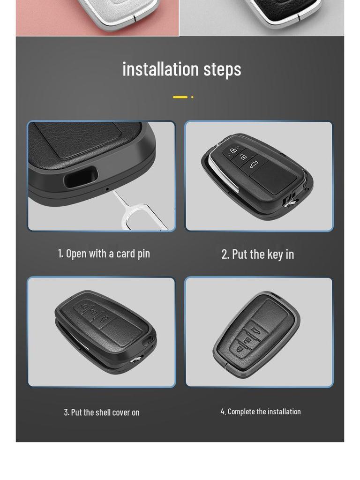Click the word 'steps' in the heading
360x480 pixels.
[x=222, y=69]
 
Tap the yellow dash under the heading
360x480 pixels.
[x=180, y=97]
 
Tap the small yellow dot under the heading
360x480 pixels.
[x=192, y=97]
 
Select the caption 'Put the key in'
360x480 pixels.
[x=258, y=254]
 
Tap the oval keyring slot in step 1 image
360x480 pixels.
[x=81, y=178]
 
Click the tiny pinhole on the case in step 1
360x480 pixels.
[x=107, y=189]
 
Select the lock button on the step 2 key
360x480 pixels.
[x=233, y=150]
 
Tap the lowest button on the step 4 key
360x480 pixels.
[x=240, y=349]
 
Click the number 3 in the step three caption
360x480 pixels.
[x=66, y=412]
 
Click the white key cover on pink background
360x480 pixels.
[x=118, y=9]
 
